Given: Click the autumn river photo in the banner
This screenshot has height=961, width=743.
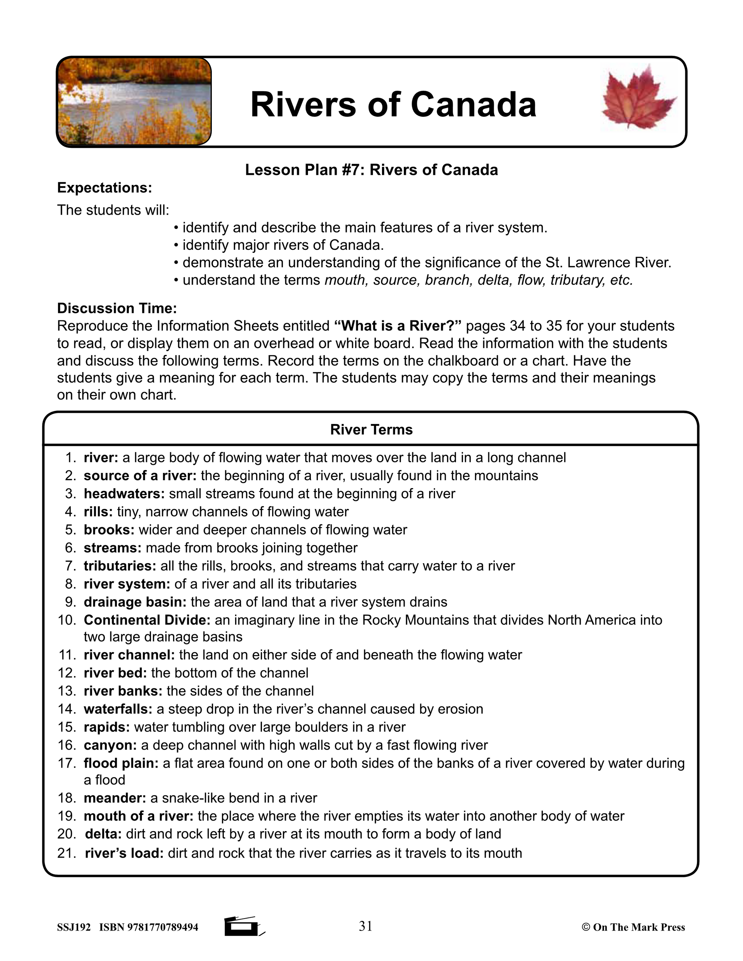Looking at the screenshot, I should coord(134,101).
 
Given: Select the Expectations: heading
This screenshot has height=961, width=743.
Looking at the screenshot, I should coord(104,188).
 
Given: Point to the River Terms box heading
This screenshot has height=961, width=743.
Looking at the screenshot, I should coord(371,429).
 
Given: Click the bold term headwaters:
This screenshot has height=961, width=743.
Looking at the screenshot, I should coord(124,494).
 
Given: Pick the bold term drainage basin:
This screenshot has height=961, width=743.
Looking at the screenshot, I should coord(135,602).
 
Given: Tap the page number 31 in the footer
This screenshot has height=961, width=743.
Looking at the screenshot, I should coord(365,926).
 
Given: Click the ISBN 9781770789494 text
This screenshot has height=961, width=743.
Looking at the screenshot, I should coord(149,928).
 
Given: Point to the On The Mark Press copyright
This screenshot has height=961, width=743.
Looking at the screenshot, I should coord(633,928).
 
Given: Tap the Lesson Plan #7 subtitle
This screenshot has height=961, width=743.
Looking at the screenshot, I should coord(371,170).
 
